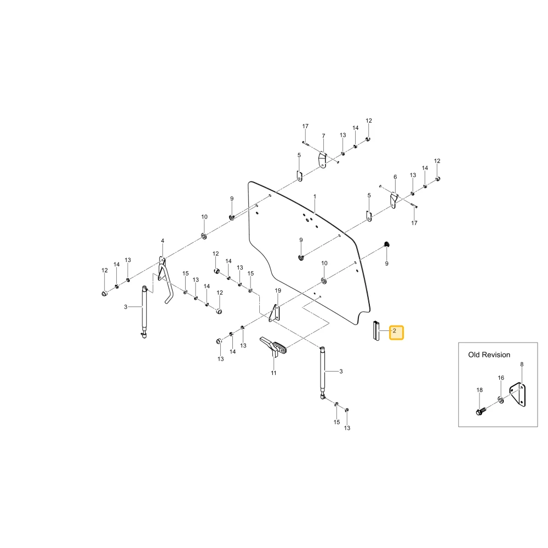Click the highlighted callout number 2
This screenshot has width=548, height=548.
pyautogui.click(x=395, y=330)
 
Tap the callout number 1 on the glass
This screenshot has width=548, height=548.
pyautogui.click(x=315, y=197)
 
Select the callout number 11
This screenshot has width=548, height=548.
pyautogui.click(x=273, y=373)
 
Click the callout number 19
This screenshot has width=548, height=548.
pyautogui.click(x=278, y=290)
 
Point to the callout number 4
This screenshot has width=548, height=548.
pyautogui.click(x=163, y=241)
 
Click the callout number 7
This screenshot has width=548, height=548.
pyautogui.click(x=323, y=136)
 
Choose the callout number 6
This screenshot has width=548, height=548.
pyautogui.click(x=395, y=177)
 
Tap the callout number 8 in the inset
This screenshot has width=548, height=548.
pyautogui.click(x=522, y=364)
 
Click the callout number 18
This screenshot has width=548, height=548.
pyautogui.click(x=480, y=390)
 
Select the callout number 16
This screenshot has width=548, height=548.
pyautogui.click(x=501, y=378)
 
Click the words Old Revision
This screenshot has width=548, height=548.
pyautogui.click(x=489, y=355)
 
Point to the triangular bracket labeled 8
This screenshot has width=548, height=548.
pyautogui.click(x=518, y=395)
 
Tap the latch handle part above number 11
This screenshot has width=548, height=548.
pyautogui.click(x=273, y=346)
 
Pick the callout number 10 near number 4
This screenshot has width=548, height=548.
pyautogui.click(x=204, y=216)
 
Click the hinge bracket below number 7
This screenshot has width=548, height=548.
pyautogui.click(x=322, y=159)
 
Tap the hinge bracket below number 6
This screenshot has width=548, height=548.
pyautogui.click(x=393, y=201)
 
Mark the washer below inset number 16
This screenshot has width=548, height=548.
pyautogui.click(x=500, y=399)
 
